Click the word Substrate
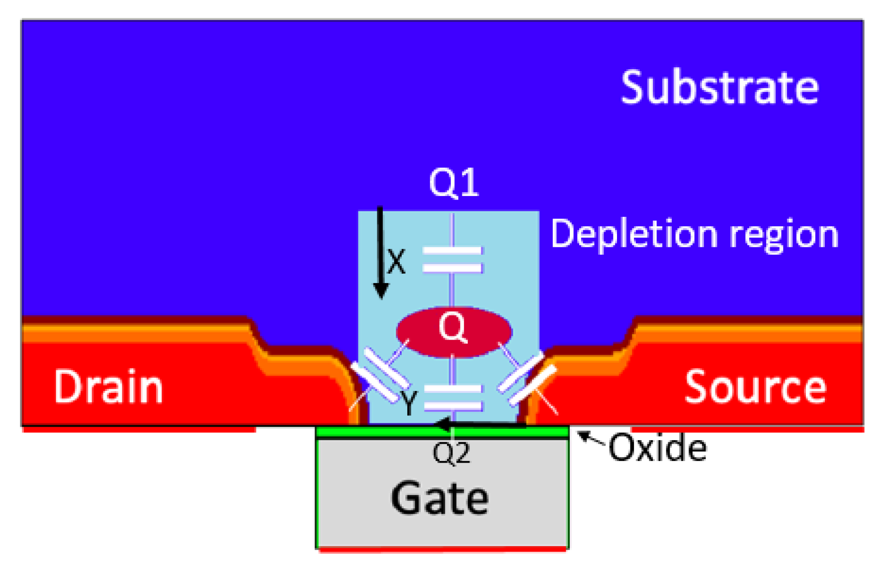pyautogui.click(x=719, y=88)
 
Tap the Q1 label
pyautogui.click(x=453, y=183)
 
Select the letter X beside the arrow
pyautogui.click(x=396, y=262)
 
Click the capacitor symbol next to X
pyautogui.click(x=452, y=260)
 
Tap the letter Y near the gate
pyautogui.click(x=409, y=403)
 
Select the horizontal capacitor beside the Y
pyautogui.click(x=453, y=397)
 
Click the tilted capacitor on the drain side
pyautogui.click(x=380, y=376)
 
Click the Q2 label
pyautogui.click(x=451, y=453)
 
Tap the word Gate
pyautogui.click(x=440, y=498)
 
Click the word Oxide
pyautogui.click(x=657, y=448)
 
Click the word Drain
pyautogui.click(x=108, y=387)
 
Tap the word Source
pyautogui.click(x=755, y=387)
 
